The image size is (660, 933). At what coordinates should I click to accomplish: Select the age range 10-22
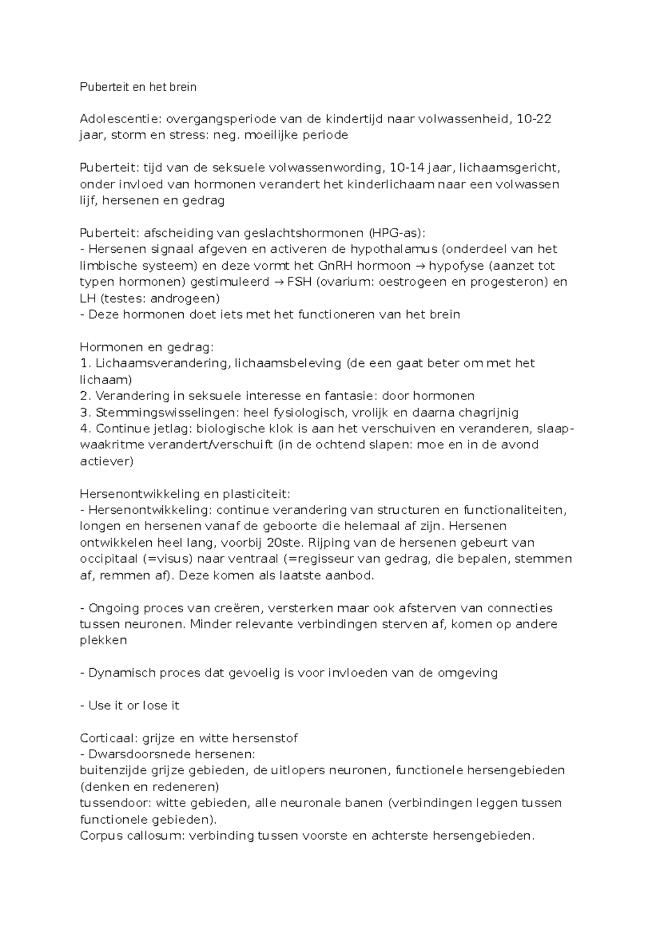coord(533,119)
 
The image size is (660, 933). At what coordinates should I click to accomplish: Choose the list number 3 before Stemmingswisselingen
coord(84,412)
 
